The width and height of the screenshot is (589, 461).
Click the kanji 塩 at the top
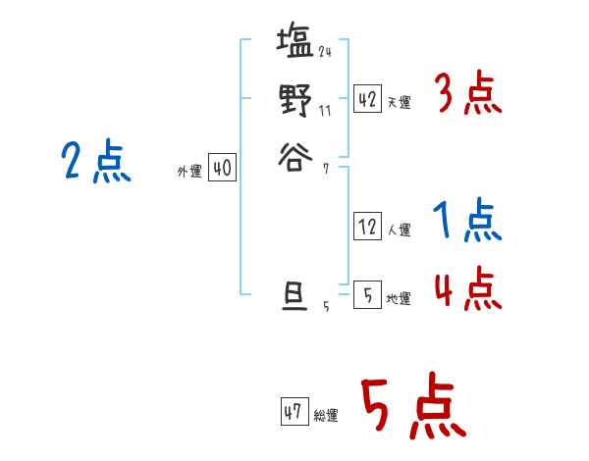[295, 44]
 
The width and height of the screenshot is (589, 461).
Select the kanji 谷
[294, 155]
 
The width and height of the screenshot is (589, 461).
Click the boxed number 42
[367, 98]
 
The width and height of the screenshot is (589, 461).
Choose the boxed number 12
[367, 227]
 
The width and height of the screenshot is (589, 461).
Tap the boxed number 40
[222, 169]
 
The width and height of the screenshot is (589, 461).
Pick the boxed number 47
[294, 412]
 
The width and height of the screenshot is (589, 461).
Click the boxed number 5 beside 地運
[367, 293]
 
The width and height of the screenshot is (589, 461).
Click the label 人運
[399, 230]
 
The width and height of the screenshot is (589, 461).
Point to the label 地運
[399, 298]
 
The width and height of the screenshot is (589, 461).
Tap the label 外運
[189, 172]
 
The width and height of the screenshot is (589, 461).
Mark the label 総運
[325, 416]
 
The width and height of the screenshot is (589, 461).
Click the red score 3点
[467, 94]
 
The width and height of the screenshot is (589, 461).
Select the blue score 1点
[467, 223]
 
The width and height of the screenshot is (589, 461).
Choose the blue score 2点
[96, 162]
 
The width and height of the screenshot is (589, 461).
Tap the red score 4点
[467, 288]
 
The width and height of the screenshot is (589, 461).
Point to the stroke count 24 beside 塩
[325, 51]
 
